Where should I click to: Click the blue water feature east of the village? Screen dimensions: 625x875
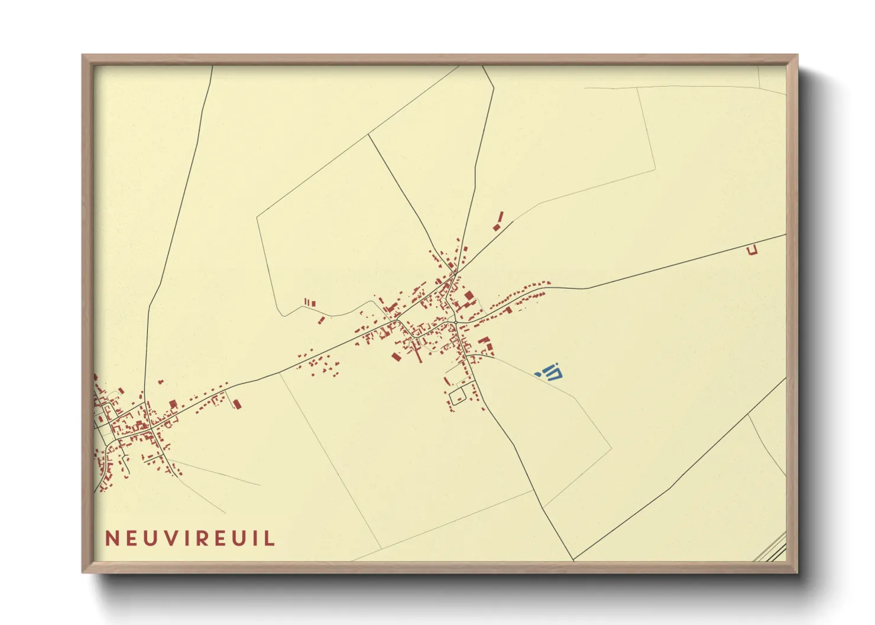coord(552,372)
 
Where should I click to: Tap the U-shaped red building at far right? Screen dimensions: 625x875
coord(751,250)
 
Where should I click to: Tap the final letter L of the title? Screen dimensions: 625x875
coord(270,539)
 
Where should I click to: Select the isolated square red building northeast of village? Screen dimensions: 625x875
coord(497,227)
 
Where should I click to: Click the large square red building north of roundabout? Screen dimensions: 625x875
coord(469,295)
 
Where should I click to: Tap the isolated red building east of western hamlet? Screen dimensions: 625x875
coord(237,404)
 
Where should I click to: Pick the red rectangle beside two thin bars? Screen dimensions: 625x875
coord(313,304)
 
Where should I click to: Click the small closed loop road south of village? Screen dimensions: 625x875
coord(458,397)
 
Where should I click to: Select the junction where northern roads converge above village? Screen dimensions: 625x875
coord(455,273)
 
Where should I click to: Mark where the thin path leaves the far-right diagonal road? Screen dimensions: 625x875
coord(748,415)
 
